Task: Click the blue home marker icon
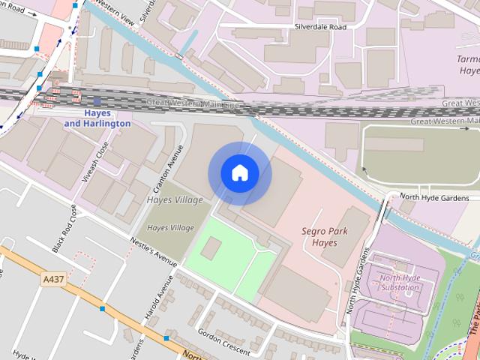point(239,173)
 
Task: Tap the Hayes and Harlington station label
point(97,118)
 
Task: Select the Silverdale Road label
point(320,26)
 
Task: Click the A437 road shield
point(52,279)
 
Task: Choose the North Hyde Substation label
point(399,283)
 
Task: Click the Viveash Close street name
point(103,158)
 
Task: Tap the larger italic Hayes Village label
point(175,200)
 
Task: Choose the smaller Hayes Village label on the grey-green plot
point(170,227)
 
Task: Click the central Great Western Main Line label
point(193,105)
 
